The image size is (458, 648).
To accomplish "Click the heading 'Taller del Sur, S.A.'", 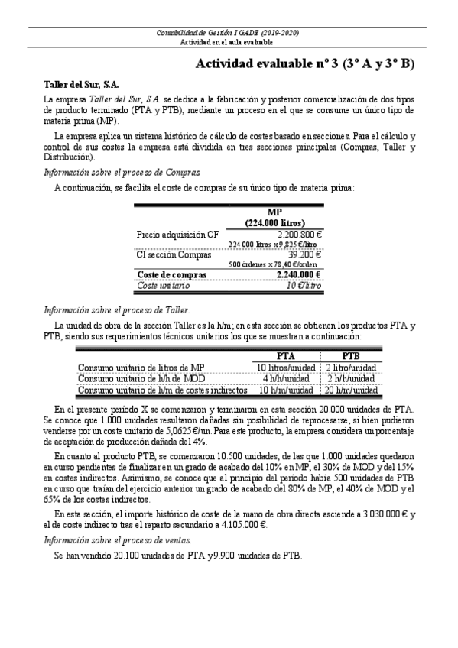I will pos(81,85).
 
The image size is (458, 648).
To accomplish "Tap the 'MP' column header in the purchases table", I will pos(275,212).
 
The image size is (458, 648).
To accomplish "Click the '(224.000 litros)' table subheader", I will pos(275,222).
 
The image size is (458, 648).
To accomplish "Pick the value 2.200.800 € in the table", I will pos(300,235).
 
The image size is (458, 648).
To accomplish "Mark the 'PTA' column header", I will pos(286,356).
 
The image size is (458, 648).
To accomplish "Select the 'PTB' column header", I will pos(351,356).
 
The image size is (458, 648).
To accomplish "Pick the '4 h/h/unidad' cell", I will pos(286,378).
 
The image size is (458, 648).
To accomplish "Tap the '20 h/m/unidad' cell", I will pos(351,389).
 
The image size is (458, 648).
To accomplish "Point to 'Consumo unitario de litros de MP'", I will pos(141,368).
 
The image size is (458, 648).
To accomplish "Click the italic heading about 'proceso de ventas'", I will pos(112,539).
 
